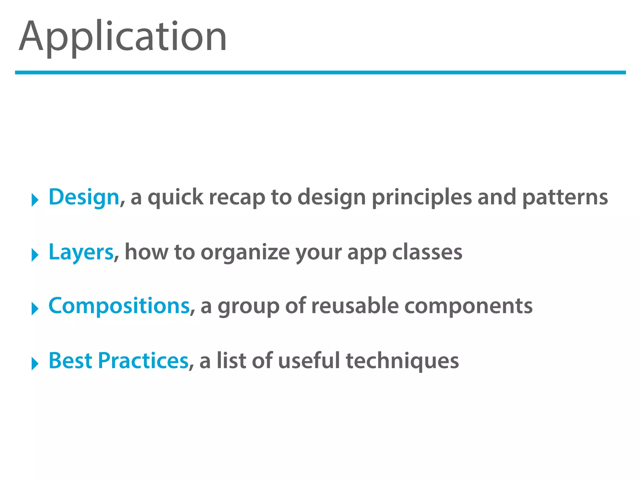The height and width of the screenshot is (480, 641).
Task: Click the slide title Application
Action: pos(123,37)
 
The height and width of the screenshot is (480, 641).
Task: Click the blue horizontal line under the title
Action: pos(320,72)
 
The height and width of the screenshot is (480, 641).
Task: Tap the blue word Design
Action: pos(84,197)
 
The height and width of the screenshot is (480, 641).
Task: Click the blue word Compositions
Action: pos(119,306)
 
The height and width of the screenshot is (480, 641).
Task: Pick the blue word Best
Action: pos(70,361)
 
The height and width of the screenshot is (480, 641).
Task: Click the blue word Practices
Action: pos(143,361)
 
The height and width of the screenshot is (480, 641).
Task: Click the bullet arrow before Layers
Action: pos(35,255)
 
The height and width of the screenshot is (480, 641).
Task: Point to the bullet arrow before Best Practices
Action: pos(35,363)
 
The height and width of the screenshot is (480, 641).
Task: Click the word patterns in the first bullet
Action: pos(565,197)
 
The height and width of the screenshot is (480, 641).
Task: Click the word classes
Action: pos(427,252)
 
